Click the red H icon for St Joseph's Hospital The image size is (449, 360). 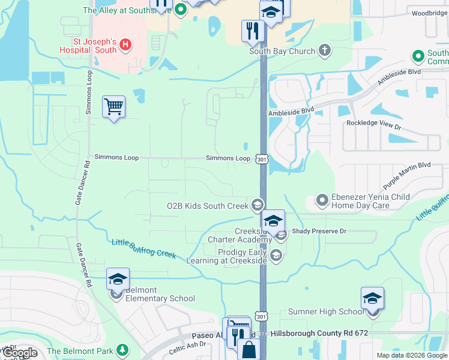pyautogui.click(x=125, y=44)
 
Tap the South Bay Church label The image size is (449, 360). pyautogui.click(x=282, y=51)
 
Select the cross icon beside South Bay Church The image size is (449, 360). pyautogui.click(x=325, y=50)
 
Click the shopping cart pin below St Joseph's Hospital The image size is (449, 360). pyautogui.click(x=113, y=107)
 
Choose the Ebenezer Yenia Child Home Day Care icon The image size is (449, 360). pyautogui.click(x=322, y=199)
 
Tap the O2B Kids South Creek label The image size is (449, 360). pyautogui.click(x=207, y=206)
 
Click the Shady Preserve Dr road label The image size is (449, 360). pyautogui.click(x=319, y=231)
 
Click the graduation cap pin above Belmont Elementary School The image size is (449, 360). pyautogui.click(x=118, y=279)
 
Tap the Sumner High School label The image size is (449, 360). pyautogui.click(x=326, y=311)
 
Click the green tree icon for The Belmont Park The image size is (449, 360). pyautogui.click(x=122, y=350)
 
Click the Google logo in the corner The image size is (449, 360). pyautogui.click(x=19, y=353)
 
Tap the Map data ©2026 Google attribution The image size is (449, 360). pyautogui.click(x=411, y=355)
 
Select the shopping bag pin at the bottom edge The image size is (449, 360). pyautogui.click(x=249, y=349)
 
